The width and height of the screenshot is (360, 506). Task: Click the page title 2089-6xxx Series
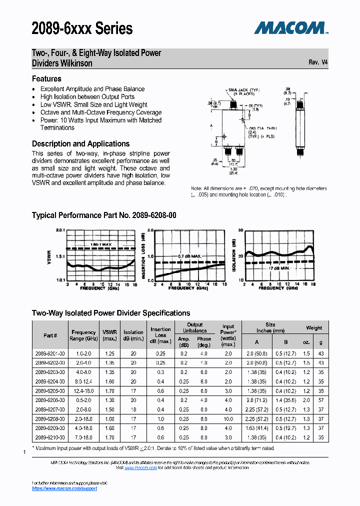pyautogui.click(x=82, y=28)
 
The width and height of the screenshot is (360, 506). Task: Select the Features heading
pyautogui.click(x=46, y=78)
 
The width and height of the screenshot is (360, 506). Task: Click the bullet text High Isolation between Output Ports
pyautogui.click(x=87, y=96)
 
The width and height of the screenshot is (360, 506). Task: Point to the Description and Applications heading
pyautogui.click(x=80, y=143)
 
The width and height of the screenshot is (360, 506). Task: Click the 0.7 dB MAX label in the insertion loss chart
pyautogui.click(x=189, y=255)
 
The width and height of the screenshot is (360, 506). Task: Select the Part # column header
pyautogui.click(x=50, y=335)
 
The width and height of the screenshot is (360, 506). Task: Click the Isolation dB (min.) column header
pyautogui.click(x=133, y=335)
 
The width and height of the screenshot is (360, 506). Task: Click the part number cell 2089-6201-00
pyautogui.click(x=50, y=353)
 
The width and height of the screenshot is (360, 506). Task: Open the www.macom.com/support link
pyautogui.click(x=64, y=488)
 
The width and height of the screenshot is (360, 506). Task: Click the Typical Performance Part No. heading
pyautogui.click(x=104, y=215)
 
